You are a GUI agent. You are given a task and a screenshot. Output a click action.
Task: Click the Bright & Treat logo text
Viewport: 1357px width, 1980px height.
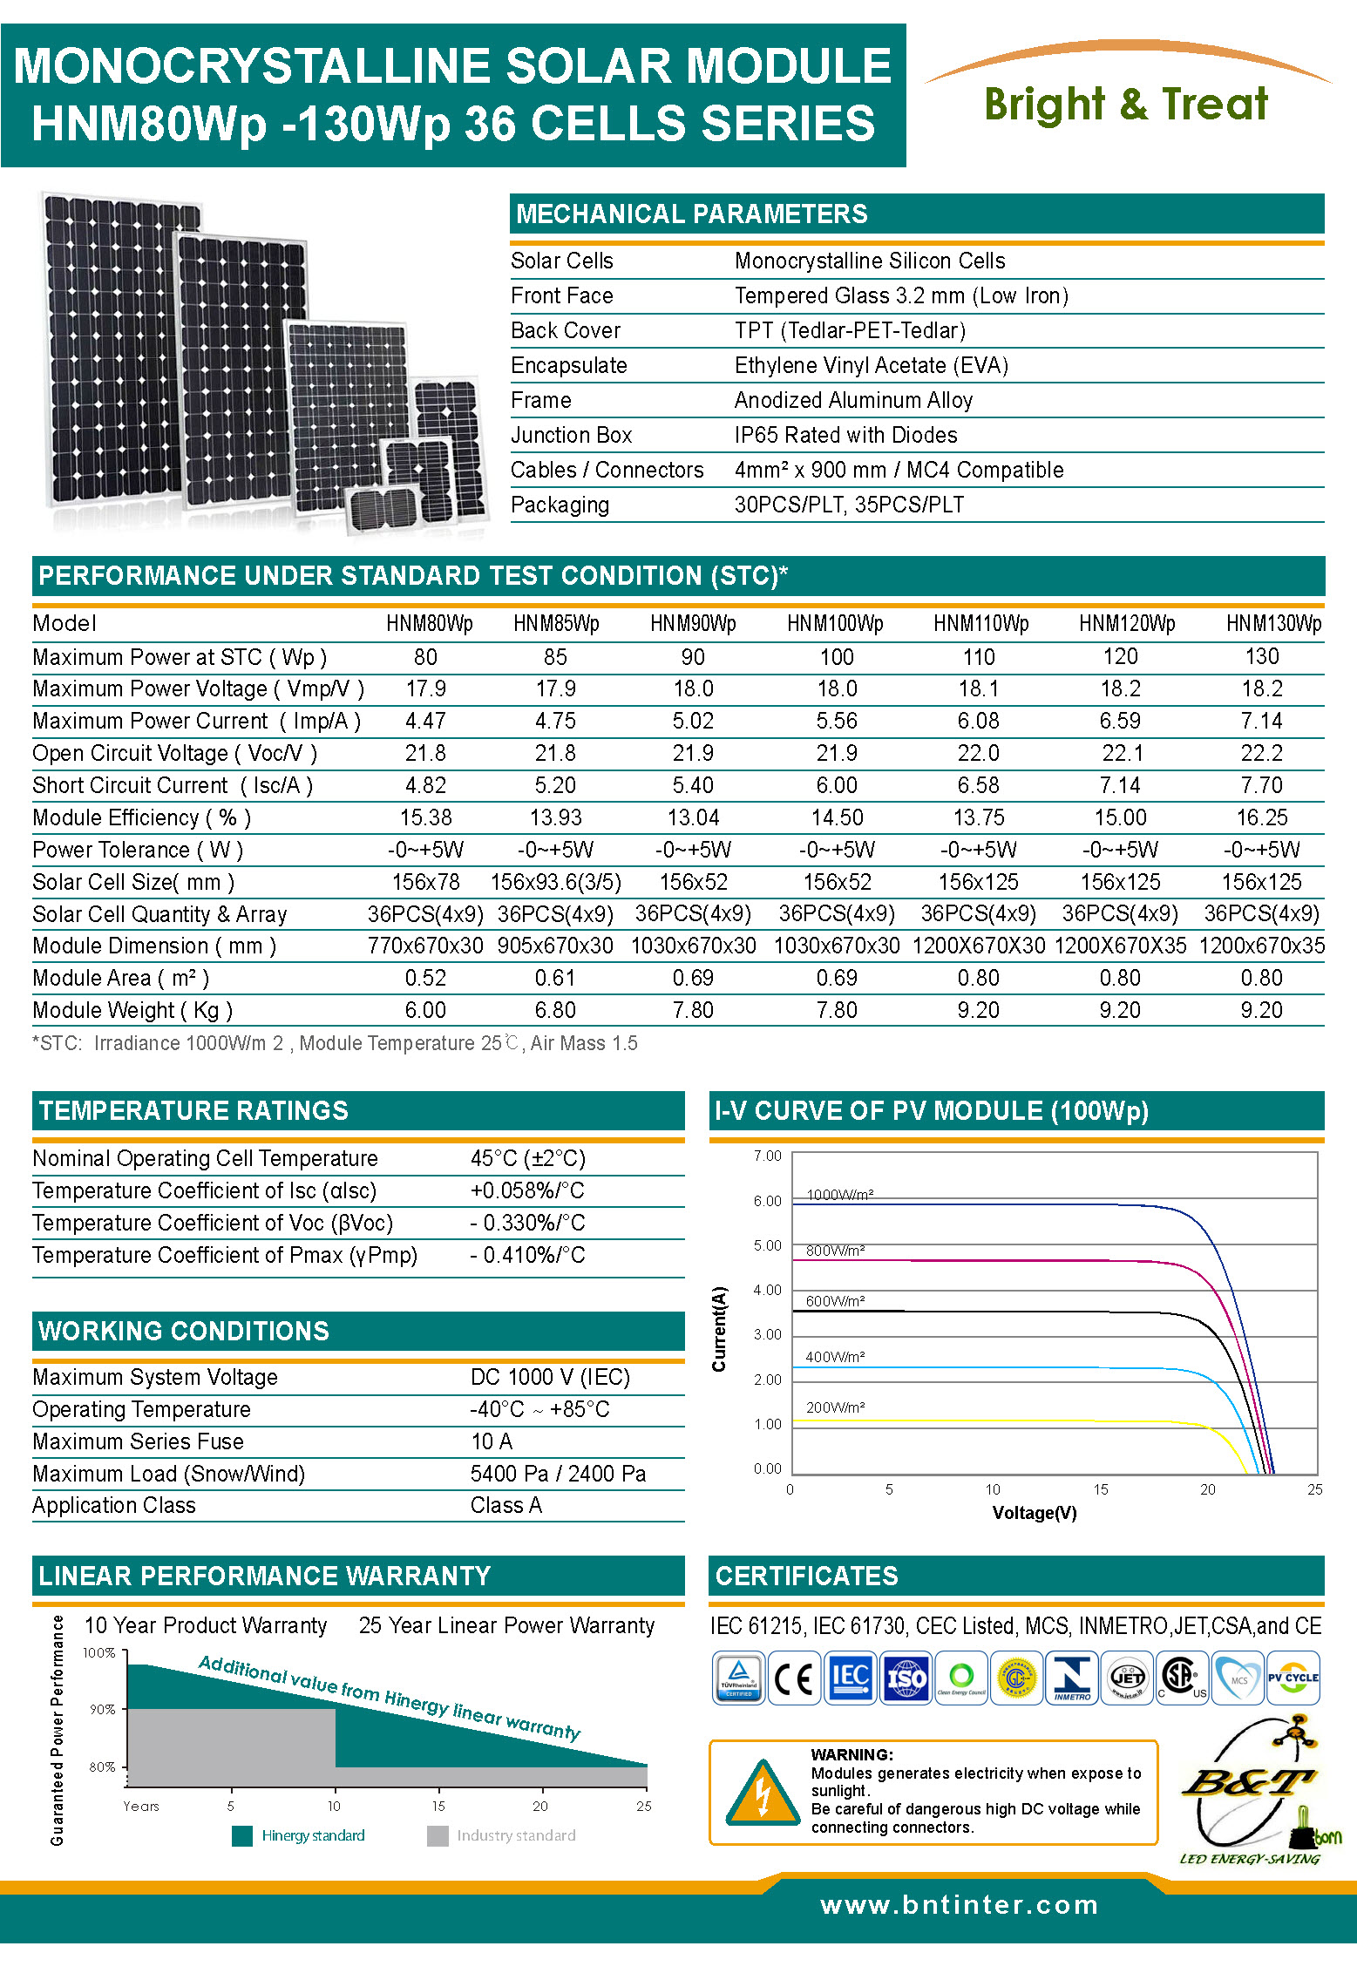point(1125,105)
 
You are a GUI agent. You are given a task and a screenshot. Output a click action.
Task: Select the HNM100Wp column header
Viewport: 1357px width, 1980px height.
point(835,624)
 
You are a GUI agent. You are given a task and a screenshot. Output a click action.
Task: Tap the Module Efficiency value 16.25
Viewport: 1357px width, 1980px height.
point(1261,818)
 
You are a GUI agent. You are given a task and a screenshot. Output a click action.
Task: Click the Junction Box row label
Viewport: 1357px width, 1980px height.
point(571,435)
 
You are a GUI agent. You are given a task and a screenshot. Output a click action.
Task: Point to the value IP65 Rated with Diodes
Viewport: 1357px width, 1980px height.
point(845,435)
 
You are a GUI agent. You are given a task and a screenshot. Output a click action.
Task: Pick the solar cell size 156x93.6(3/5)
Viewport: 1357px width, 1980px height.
point(555,882)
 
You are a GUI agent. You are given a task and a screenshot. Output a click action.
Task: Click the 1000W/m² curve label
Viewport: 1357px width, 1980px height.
point(839,1195)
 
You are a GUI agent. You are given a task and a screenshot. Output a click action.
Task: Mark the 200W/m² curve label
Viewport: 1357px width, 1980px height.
point(835,1407)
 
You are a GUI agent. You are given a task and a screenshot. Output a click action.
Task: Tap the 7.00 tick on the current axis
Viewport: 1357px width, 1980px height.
point(767,1156)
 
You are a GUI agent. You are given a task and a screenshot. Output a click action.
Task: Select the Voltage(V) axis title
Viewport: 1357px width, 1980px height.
point(1034,1513)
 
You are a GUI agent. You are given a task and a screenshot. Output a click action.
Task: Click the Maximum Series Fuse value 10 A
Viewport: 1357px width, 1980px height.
point(492,1441)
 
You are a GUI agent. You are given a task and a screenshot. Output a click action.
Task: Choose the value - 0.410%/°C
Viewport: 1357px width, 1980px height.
point(527,1255)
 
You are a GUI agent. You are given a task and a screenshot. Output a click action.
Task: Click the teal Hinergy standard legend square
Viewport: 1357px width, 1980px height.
point(242,1836)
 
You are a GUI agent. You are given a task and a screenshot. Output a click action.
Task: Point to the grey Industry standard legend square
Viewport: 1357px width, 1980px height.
point(438,1836)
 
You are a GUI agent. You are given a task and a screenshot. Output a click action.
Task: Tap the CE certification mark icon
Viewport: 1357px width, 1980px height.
point(793,1678)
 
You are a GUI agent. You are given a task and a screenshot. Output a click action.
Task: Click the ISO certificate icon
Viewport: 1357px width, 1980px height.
point(906,1678)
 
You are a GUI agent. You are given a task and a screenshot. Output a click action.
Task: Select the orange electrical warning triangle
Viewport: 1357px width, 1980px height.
point(763,1794)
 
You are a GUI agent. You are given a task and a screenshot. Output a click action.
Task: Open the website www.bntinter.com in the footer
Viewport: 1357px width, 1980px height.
point(959,1905)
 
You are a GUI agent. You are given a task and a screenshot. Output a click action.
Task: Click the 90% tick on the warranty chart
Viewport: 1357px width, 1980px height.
point(103,1710)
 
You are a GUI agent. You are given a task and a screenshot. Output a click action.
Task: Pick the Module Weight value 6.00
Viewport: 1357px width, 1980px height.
point(425,1011)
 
